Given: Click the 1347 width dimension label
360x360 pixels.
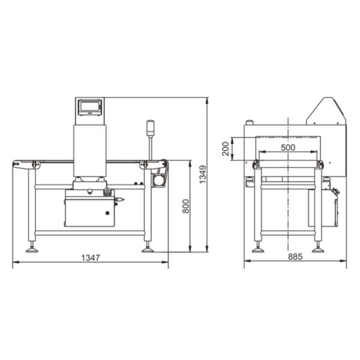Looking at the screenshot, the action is point(91,258).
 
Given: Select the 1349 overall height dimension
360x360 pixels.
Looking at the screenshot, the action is point(203,175).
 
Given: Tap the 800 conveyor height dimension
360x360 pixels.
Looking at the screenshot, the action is point(186,206).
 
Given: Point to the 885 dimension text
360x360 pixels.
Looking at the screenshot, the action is point(295,256).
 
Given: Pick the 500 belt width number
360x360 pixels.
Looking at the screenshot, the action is point(288,148).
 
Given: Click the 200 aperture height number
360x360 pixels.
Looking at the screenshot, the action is point(226,149).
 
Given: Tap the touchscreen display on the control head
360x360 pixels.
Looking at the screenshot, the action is point(90,107).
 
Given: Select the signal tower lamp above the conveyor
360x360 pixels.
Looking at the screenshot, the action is point(150,128).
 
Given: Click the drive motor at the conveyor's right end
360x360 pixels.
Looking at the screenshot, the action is point(158,180).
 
